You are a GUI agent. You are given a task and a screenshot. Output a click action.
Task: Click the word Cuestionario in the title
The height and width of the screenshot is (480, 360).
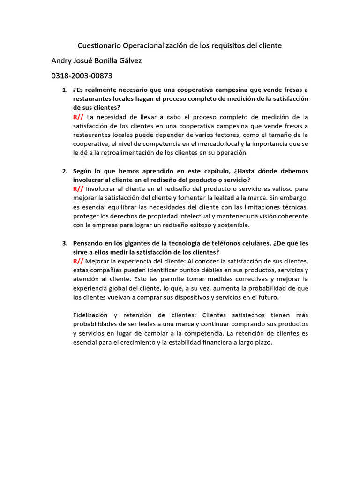click(x=99, y=46)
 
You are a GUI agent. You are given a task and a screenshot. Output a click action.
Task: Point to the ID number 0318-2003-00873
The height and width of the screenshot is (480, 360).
click(x=82, y=75)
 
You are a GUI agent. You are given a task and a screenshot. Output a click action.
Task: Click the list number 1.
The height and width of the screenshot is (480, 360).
click(x=65, y=90)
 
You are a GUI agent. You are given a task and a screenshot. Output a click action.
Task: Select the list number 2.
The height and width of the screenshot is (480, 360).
click(x=65, y=171)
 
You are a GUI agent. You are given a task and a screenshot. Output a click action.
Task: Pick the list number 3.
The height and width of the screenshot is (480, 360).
click(x=65, y=243)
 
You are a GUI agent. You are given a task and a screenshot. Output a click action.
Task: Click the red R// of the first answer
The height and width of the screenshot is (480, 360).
click(x=78, y=117)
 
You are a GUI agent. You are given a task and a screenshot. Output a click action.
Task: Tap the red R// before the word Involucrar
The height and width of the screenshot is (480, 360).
click(x=78, y=189)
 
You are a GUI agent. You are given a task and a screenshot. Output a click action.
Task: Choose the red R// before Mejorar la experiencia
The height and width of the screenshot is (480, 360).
click(x=78, y=261)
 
